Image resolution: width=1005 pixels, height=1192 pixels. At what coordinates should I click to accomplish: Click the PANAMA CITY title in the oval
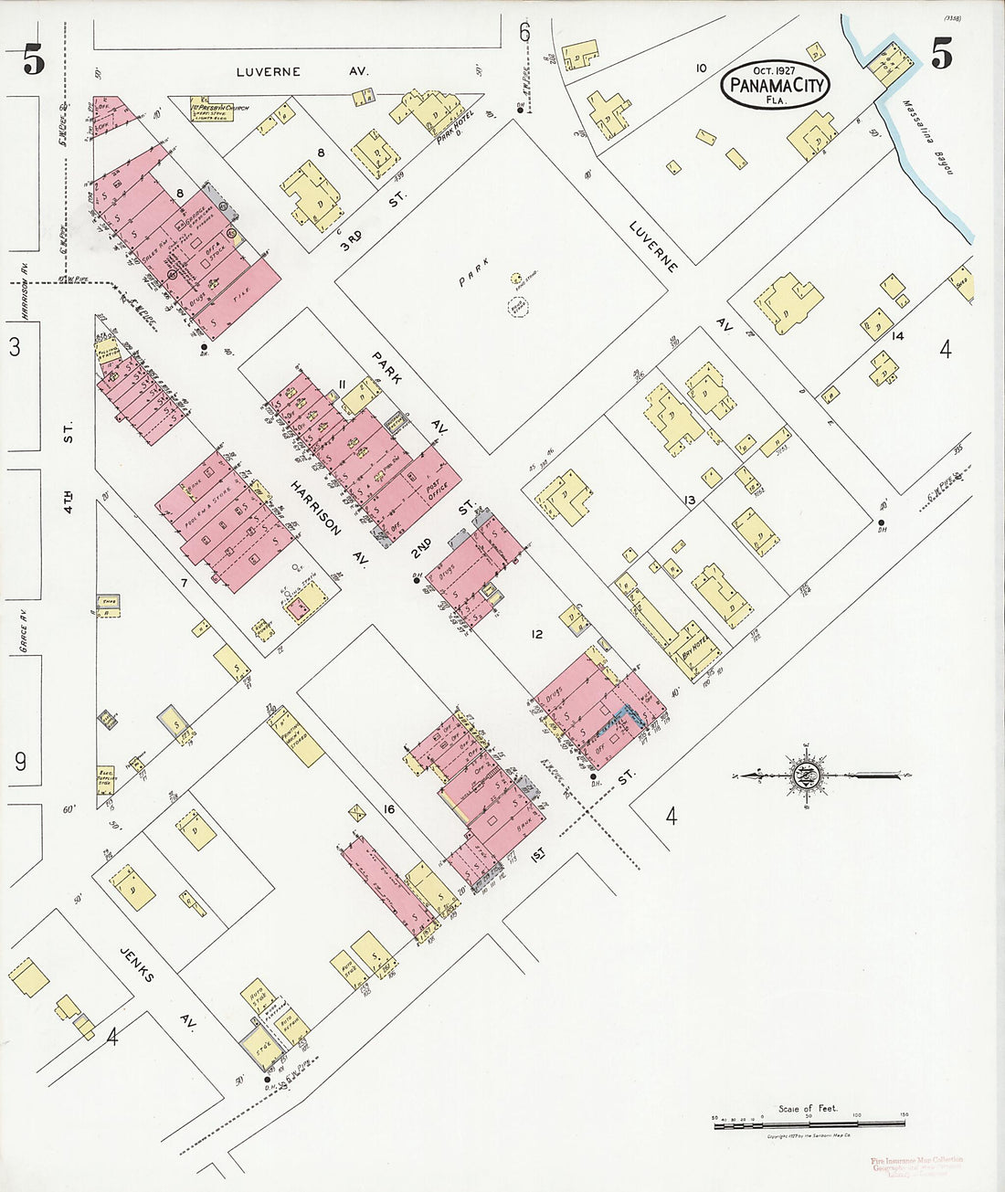pos(777,88)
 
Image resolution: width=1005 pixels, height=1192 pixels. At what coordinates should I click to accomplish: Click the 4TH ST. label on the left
pos(69,427)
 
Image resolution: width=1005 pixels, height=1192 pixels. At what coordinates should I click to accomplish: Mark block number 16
pos(389,809)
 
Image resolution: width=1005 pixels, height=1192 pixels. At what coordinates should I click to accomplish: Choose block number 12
pos(536,633)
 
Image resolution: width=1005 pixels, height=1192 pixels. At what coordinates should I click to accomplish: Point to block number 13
pos(689,500)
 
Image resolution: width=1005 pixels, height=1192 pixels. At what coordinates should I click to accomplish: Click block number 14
pos(898,336)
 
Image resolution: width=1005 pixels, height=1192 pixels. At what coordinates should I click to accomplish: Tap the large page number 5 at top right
pos(941,55)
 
